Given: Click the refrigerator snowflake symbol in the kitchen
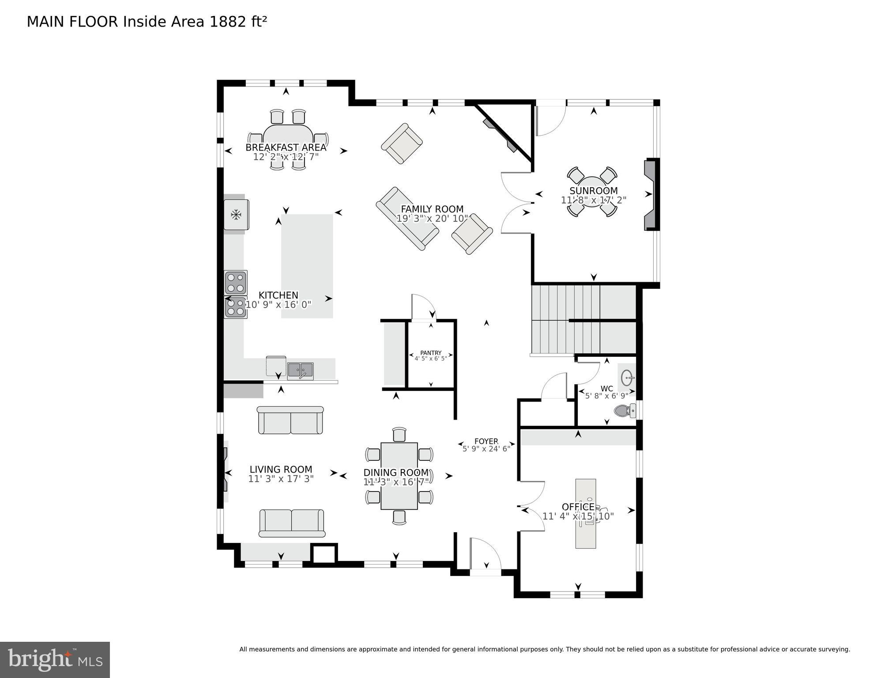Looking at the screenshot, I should click(236, 215).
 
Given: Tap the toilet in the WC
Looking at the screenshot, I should click(623, 411).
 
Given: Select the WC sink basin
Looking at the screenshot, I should click(627, 378).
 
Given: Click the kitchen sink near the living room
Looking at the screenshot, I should click(300, 370).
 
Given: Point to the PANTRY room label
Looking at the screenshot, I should click(430, 353).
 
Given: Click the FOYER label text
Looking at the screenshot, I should click(486, 441).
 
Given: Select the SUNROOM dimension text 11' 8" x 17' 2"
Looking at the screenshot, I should click(593, 200).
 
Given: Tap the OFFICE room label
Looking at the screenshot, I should click(578, 507).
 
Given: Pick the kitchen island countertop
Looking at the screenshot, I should click(307, 265).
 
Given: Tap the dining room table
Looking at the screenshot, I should click(399, 475).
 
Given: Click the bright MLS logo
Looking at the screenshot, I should click(55, 659).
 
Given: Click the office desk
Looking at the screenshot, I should click(585, 514).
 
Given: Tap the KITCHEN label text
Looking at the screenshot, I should click(278, 295).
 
